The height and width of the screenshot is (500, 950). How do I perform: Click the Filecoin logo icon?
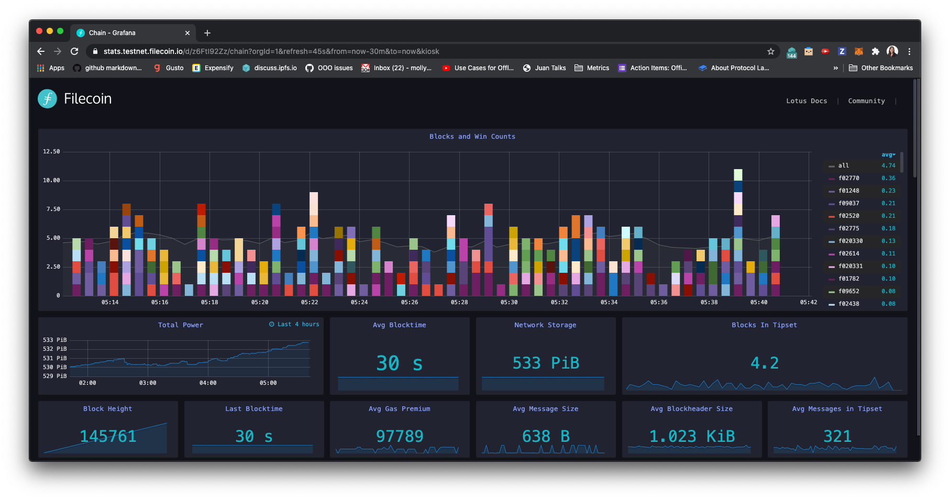[47, 98]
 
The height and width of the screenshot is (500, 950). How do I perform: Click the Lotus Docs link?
[807, 101]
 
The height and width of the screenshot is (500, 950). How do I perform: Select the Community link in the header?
[866, 101]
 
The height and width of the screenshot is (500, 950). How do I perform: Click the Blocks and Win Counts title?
[472, 137]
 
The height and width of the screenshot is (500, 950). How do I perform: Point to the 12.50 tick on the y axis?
[51, 152]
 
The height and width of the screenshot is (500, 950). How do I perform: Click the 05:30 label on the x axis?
[509, 302]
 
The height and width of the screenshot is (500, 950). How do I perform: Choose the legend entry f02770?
[848, 179]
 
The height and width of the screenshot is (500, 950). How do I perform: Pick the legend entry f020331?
[850, 266]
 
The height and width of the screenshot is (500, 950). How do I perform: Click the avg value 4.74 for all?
[888, 166]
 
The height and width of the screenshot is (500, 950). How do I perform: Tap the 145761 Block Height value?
[108, 436]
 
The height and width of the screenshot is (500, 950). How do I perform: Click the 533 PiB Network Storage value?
[545, 363]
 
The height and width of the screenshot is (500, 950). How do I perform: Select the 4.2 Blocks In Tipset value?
[764, 363]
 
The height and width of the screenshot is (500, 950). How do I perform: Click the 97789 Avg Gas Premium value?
[400, 436]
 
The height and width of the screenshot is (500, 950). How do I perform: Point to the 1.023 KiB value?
[692, 436]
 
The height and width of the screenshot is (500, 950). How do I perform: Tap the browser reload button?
[74, 51]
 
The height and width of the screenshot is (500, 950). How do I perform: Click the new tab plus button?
[207, 33]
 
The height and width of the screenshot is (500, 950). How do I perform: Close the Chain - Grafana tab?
[187, 33]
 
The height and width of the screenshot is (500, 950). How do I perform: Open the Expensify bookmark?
[218, 68]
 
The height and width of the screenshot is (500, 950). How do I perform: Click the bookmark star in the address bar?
[770, 51]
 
